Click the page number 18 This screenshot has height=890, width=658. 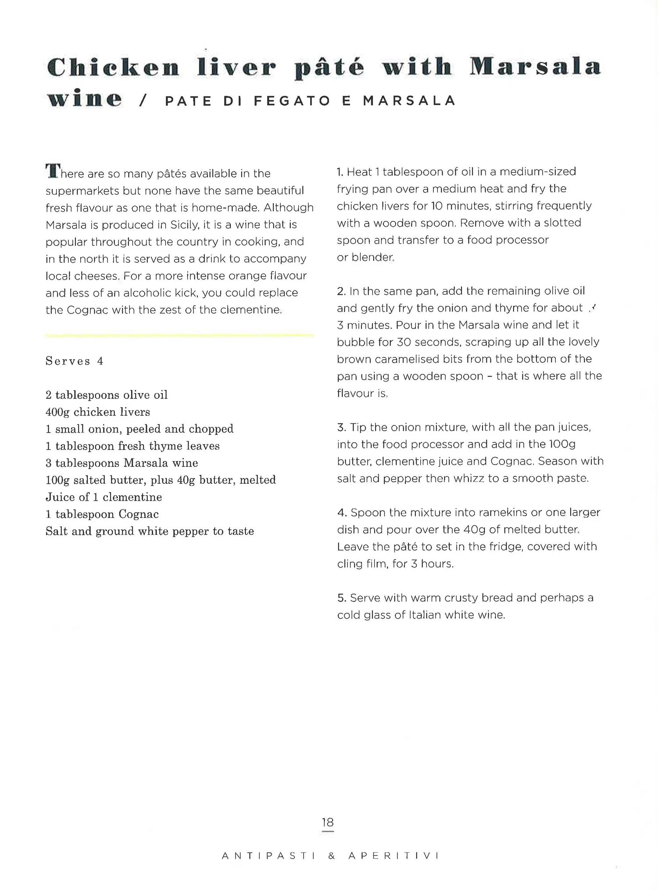coord(328,822)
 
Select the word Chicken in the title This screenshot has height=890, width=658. coord(113,67)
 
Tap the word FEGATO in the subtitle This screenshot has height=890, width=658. coord(292,101)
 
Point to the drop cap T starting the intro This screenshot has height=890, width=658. coord(52,171)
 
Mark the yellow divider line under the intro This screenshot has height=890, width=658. coord(179,336)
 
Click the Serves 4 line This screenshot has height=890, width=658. coord(75,361)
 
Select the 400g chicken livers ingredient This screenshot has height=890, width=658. coord(98,412)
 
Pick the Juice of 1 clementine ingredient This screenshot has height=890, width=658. coord(104,497)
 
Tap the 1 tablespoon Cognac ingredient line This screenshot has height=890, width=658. coord(102,514)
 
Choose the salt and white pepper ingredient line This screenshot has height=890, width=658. coord(150,531)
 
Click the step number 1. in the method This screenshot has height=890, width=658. coord(340,172)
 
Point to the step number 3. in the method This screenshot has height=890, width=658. coord(342,427)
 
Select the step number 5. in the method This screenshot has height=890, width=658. coord(342,598)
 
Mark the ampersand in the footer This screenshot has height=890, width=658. coord(332,856)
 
